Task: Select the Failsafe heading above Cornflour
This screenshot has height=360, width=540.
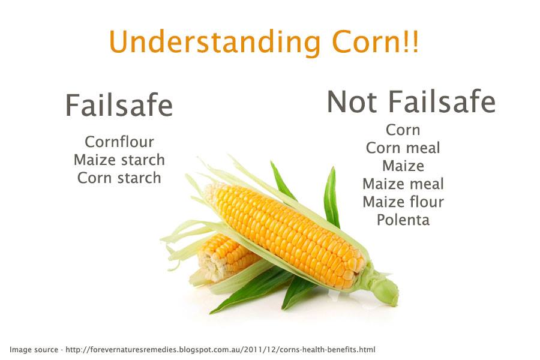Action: (x=119, y=106)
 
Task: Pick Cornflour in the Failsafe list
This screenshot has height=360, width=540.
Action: (x=119, y=142)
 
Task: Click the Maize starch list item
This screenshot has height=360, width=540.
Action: (x=119, y=160)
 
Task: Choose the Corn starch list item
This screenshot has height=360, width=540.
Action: (x=119, y=178)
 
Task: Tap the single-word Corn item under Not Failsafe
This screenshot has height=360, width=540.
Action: (x=403, y=130)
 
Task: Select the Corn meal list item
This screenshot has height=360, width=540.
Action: (x=403, y=148)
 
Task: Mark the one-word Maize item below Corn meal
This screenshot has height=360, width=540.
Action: (x=403, y=166)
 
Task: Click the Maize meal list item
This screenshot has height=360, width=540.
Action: (x=403, y=184)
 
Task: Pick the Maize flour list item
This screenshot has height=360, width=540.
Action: (x=403, y=202)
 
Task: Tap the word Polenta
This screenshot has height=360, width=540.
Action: (x=403, y=220)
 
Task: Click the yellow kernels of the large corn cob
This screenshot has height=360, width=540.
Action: (x=288, y=228)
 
